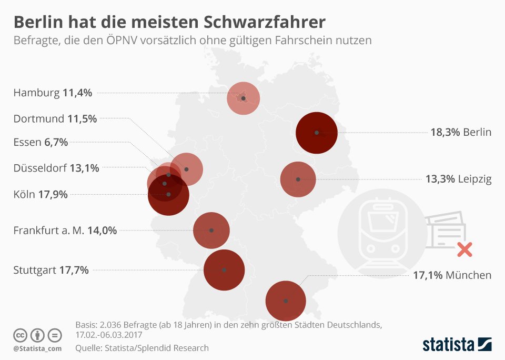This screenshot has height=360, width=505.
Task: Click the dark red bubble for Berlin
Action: [316, 133]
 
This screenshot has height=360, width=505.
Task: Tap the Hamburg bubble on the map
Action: [243, 98]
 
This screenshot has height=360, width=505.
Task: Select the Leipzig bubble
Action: [298, 179]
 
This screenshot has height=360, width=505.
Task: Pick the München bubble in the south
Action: [286, 301]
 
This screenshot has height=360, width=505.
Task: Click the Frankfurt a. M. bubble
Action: [211, 231]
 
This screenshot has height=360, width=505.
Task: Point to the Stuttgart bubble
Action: [224, 270]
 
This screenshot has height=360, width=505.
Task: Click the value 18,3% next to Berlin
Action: [445, 132]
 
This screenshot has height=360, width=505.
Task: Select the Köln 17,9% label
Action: [41, 195]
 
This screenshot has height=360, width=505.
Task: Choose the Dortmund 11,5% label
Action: [55, 118]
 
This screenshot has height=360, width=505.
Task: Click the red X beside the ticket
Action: [464, 249]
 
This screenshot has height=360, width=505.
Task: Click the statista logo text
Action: [448, 345]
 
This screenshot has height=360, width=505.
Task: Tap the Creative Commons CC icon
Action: [19, 335]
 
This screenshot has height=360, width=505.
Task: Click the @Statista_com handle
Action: [37, 348]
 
